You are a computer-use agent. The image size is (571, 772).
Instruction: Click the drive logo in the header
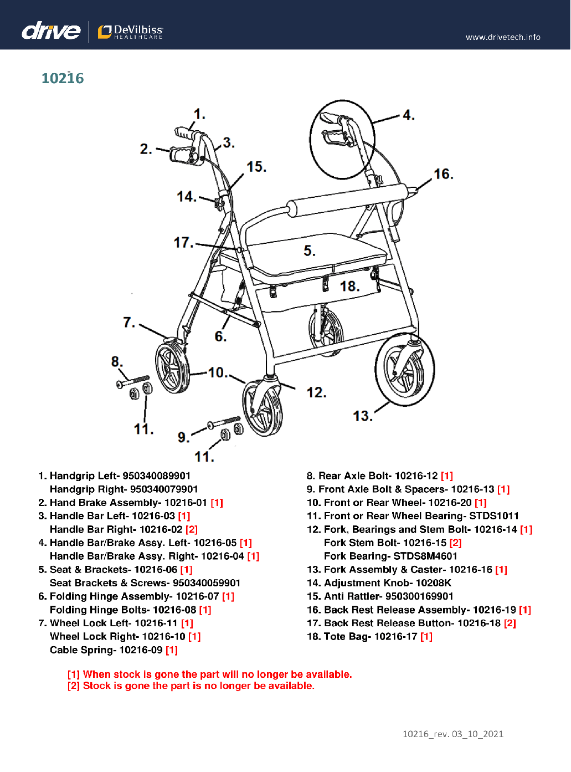coord(51,30)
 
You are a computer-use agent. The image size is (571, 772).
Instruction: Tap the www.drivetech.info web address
coord(502,37)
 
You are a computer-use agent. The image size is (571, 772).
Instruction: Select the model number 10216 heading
coord(63,79)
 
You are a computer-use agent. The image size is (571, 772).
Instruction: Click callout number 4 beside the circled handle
coord(408,115)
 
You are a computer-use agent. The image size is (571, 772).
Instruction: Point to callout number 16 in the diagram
coord(443,174)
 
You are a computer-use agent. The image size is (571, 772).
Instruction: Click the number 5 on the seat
coord(309,251)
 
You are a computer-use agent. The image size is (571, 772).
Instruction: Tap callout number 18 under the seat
coord(349,287)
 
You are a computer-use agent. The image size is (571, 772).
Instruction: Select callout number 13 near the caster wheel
coord(362,416)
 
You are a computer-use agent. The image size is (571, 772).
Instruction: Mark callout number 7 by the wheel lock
coord(128,322)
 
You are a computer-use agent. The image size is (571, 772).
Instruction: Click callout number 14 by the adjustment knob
coord(186,197)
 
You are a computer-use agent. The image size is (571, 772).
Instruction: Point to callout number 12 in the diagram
coord(316,393)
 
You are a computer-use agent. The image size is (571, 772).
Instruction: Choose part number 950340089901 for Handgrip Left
coord(156,476)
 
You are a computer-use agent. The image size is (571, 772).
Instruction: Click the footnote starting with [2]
coord(191,686)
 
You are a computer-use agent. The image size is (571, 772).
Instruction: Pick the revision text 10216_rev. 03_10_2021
coord(452,734)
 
